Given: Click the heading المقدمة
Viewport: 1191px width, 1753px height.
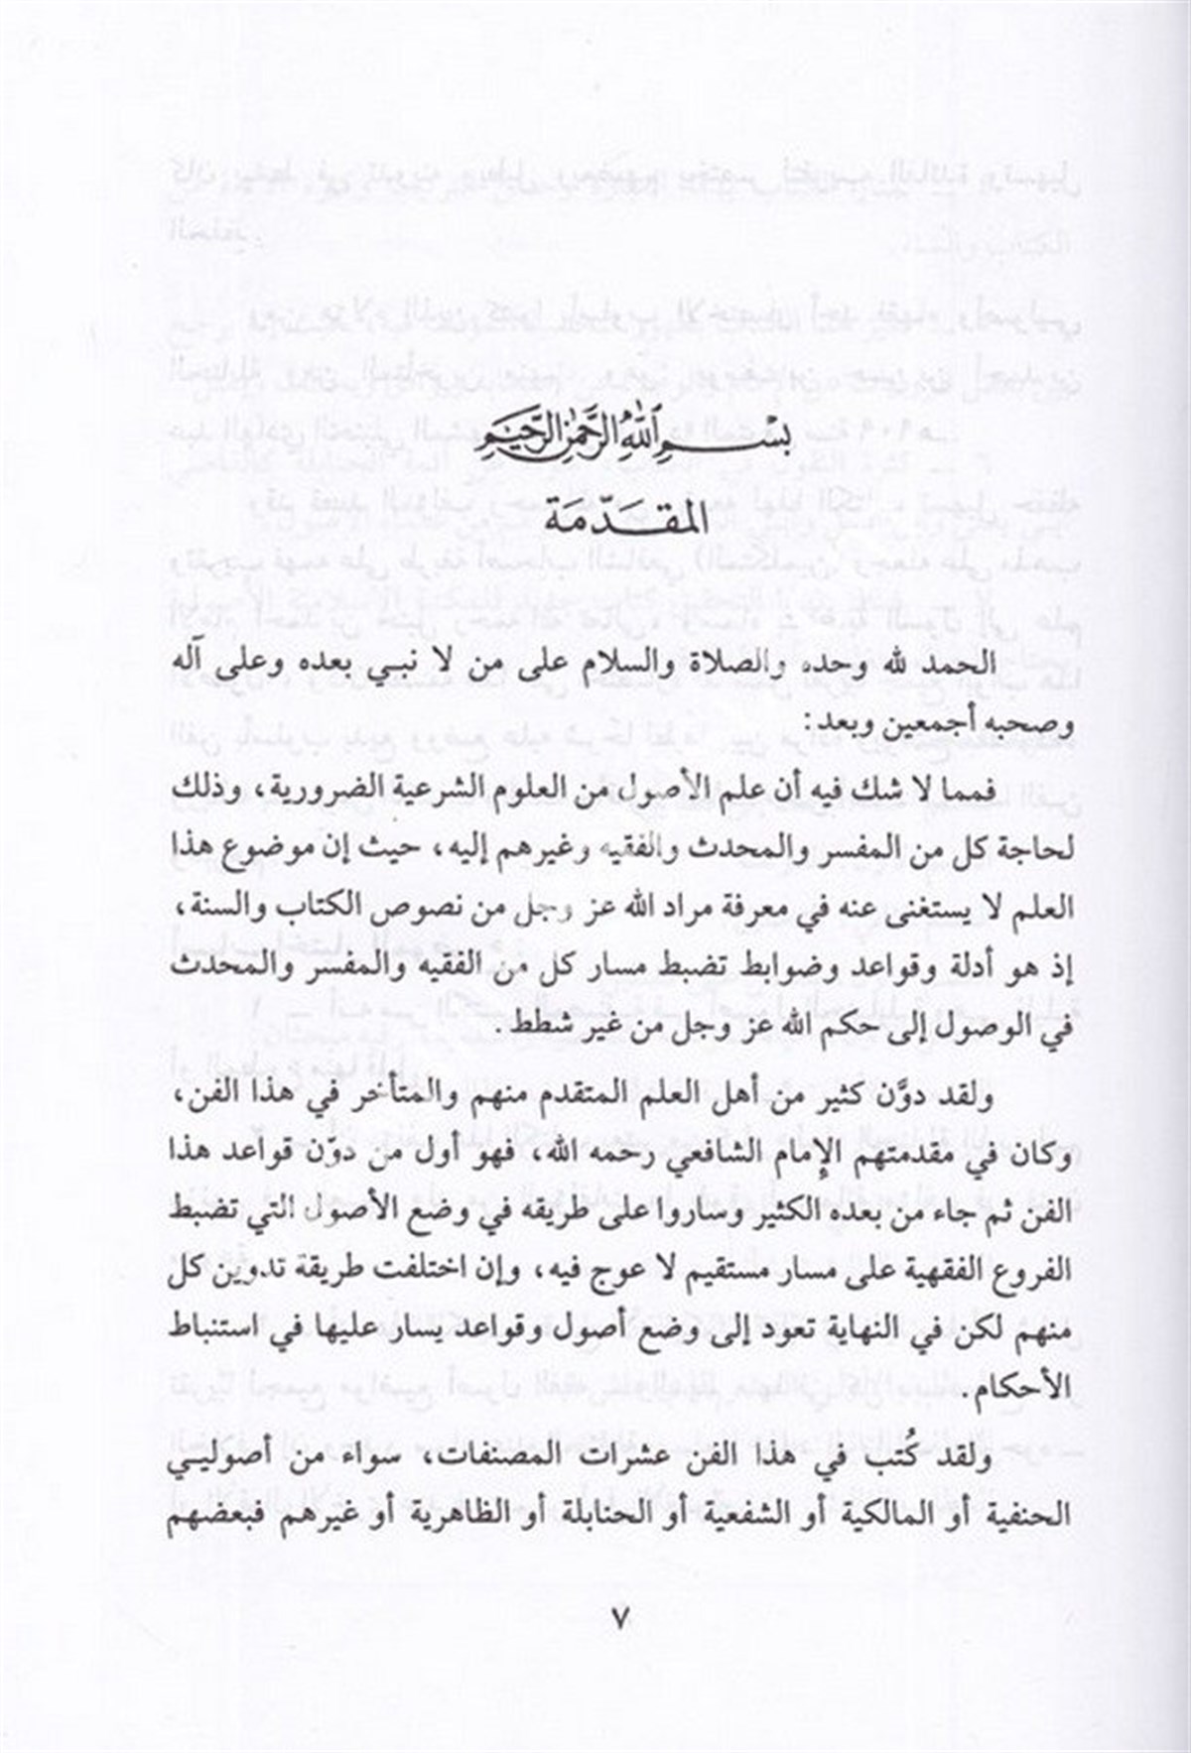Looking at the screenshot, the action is point(596,516).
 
